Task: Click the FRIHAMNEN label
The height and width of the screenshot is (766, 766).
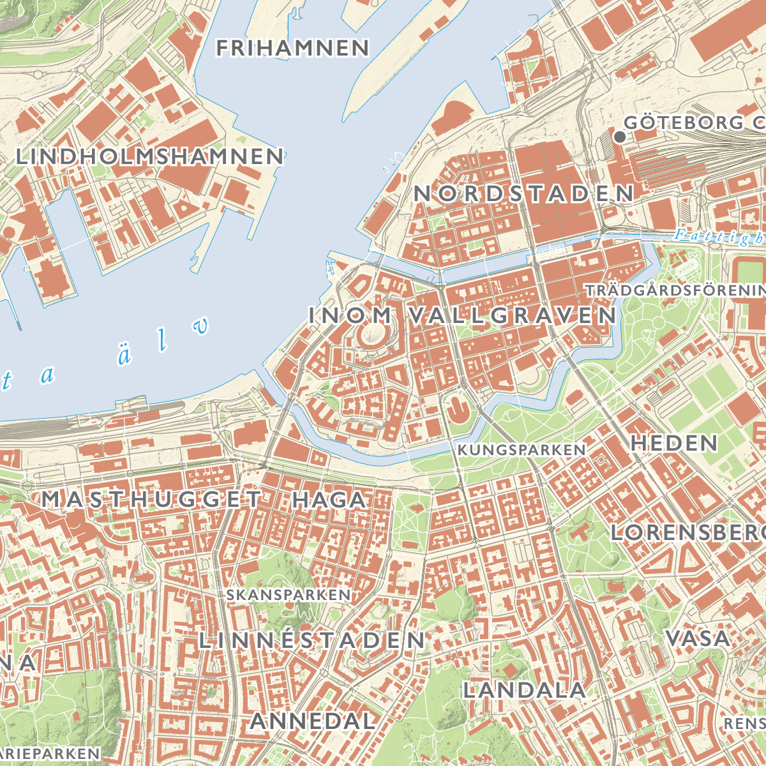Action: pos(292,48)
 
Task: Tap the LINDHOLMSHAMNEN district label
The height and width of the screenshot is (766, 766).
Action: pos(149,156)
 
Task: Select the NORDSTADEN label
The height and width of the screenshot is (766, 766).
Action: pos(524,194)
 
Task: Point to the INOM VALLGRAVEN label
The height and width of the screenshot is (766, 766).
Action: pos(463,315)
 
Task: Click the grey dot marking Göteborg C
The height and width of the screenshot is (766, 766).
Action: pos(619,137)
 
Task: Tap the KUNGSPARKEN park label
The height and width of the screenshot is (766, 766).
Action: pos(522,450)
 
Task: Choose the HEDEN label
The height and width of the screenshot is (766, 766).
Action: pos(674,443)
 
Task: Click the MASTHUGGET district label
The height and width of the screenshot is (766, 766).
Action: pos(152,499)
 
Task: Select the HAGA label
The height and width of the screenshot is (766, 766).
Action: pos(329,499)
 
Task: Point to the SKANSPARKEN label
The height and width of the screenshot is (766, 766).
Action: pos(289,595)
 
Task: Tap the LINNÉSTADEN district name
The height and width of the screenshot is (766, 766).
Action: pos(312,640)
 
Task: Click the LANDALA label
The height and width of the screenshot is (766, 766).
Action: pos(524,690)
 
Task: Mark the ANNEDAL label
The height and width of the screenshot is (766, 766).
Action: pos(313,721)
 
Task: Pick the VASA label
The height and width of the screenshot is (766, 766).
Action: pos(698,638)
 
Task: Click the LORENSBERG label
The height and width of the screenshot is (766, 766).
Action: pos(688,532)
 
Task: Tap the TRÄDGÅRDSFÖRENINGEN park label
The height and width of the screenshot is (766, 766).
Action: pos(675,290)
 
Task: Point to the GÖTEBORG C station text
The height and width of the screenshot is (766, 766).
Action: pos(695,123)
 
